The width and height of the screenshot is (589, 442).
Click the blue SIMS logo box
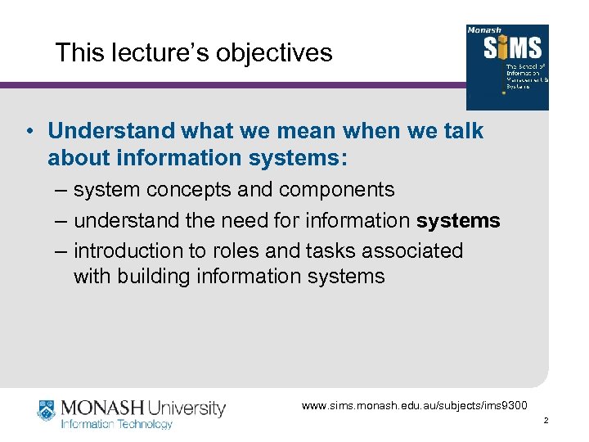click(x=506, y=67)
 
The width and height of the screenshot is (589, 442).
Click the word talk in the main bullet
click(x=461, y=131)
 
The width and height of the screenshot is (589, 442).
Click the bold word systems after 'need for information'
click(x=458, y=221)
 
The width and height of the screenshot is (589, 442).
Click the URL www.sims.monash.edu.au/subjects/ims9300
click(x=415, y=405)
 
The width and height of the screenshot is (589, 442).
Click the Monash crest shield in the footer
click(x=46, y=410)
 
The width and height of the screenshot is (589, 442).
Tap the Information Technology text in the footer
click(x=117, y=424)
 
